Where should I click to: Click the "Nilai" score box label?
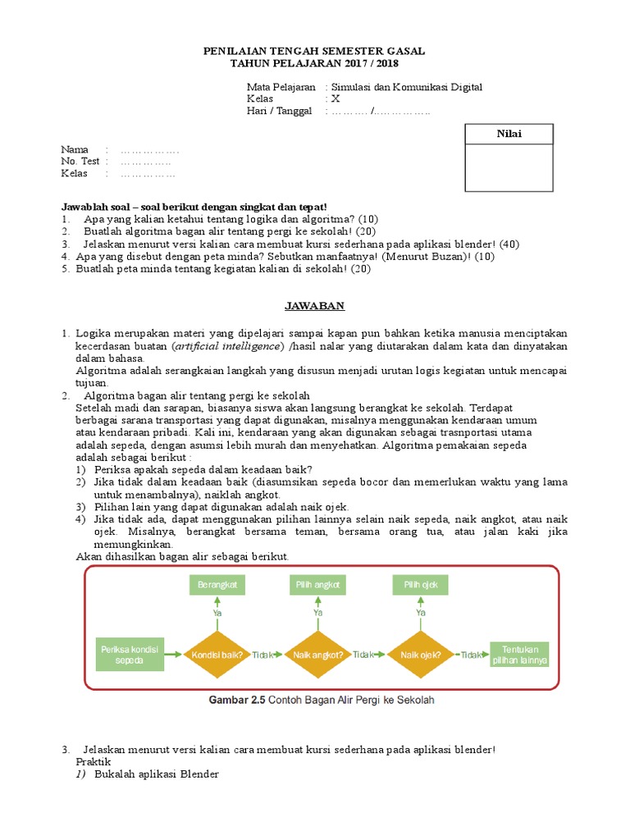(512, 135)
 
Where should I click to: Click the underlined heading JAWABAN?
(314, 306)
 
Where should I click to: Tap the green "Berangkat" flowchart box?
(217, 585)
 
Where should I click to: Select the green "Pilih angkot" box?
(317, 585)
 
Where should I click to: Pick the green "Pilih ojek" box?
(420, 585)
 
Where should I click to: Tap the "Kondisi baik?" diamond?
(217, 655)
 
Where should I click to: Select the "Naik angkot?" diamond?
(317, 655)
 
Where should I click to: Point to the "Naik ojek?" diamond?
(420, 655)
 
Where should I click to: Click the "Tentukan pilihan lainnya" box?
(520, 654)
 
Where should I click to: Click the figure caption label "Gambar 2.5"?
(237, 700)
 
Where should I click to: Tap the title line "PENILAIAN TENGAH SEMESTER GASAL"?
(314, 52)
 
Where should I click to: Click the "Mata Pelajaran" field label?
(281, 87)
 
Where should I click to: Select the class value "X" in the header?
(335, 99)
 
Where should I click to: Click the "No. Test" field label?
(80, 162)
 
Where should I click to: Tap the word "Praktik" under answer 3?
(92, 762)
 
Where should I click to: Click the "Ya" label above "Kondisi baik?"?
(217, 612)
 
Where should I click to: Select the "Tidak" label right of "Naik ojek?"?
(472, 655)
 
